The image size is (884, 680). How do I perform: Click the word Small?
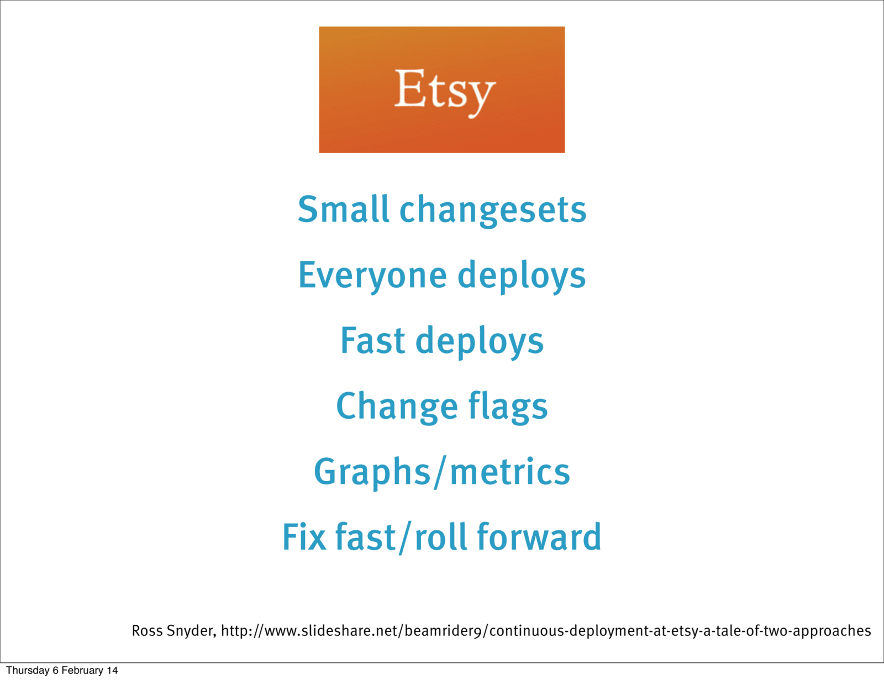pyautogui.click(x=343, y=209)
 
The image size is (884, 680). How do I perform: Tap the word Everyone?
pyautogui.click(x=372, y=276)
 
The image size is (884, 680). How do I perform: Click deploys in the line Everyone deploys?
pyautogui.click(x=522, y=276)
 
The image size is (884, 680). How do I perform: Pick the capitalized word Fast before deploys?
pyautogui.click(x=372, y=340)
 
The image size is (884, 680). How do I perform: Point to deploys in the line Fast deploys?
pyautogui.click(x=480, y=342)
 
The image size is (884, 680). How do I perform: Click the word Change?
pyautogui.click(x=397, y=408)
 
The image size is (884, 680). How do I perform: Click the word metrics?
pyautogui.click(x=510, y=472)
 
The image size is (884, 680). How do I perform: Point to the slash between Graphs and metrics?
pyautogui.click(x=440, y=473)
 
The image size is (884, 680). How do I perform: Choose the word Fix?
pyautogui.click(x=304, y=537)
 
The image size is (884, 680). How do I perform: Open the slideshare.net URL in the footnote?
pyautogui.click(x=545, y=631)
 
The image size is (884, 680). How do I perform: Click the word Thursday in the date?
pyautogui.click(x=28, y=670)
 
